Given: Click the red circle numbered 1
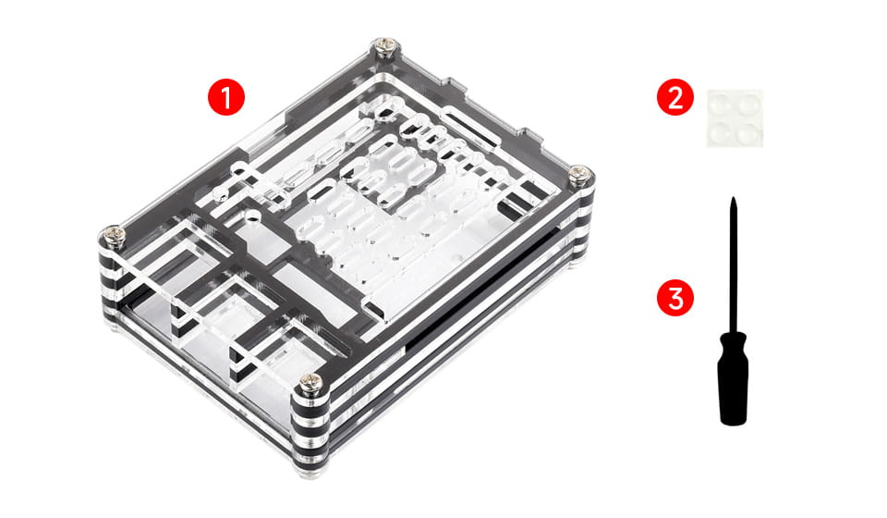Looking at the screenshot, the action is [x=226, y=97].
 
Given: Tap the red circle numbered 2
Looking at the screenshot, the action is [x=674, y=97].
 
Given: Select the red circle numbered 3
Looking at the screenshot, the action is [x=674, y=298].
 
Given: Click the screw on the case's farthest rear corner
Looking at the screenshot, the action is [x=386, y=46].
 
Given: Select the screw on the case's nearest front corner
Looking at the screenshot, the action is [x=311, y=385].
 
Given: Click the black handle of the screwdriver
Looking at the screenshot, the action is [x=733, y=378].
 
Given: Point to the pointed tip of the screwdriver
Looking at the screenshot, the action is [x=733, y=199].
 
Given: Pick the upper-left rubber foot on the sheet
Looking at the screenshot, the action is [x=721, y=104].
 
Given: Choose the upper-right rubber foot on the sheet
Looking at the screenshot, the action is [x=747, y=103].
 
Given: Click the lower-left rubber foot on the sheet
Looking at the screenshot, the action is [x=721, y=131].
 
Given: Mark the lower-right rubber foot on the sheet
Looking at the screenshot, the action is [x=747, y=131].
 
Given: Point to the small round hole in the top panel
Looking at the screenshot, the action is [x=252, y=216].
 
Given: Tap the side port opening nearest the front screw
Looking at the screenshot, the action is [x=266, y=363].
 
